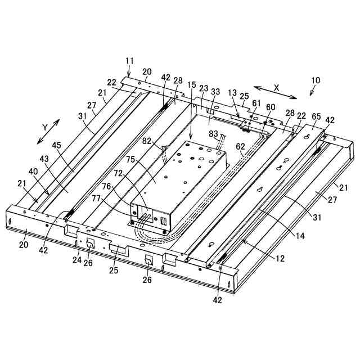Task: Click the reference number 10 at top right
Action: pos(315,80)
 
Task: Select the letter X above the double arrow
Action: pos(276,88)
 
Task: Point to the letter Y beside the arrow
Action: pos(44,127)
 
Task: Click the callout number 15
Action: pos(192,85)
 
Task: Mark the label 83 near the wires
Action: pos(213,133)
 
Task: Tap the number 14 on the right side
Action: pos(300,236)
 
